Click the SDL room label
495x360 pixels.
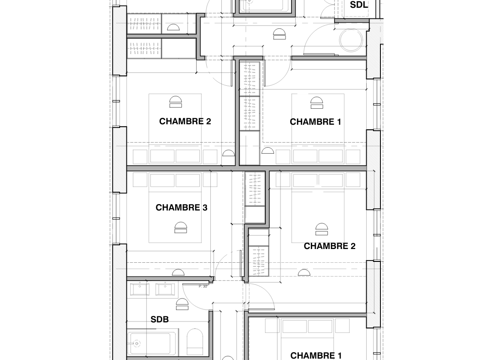pyautogui.click(x=359, y=5)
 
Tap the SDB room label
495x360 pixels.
pyautogui.click(x=160, y=319)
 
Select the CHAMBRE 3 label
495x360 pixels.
pyautogui.click(x=181, y=207)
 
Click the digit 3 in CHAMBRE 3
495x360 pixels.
pyautogui.click(x=205, y=207)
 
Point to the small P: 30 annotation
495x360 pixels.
pyautogui.click(x=203, y=287)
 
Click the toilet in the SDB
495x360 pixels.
pyautogui.click(x=195, y=342)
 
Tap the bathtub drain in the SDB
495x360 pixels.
pyautogui.click(x=137, y=343)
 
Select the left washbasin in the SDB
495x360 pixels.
pyautogui.click(x=139, y=289)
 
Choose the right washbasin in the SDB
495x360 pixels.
pyautogui.click(x=165, y=289)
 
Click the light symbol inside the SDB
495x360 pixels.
pyautogui.click(x=182, y=304)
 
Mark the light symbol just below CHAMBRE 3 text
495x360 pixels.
pyautogui.click(x=181, y=227)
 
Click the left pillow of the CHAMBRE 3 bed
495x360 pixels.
pyautogui.click(x=162, y=180)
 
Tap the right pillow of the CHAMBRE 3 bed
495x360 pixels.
pyautogui.click(x=188, y=180)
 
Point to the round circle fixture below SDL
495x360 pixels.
pyautogui.click(x=352, y=40)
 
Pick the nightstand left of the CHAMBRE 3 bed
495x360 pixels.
pyautogui.click(x=140, y=180)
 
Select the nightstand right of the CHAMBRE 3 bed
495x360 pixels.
pyautogui.click(x=210, y=180)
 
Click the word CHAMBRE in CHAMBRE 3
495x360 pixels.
pyautogui.click(x=178, y=207)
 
